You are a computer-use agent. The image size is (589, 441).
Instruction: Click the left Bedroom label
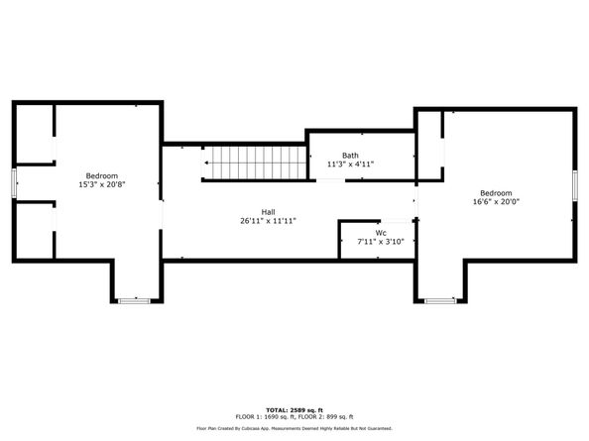click(x=101, y=175)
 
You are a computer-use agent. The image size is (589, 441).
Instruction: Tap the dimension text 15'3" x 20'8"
click(x=101, y=184)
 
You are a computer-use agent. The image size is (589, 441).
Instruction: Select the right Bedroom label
click(x=496, y=192)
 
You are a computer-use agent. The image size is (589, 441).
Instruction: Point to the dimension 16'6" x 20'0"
click(x=496, y=201)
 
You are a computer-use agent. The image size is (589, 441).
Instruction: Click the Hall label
click(x=268, y=211)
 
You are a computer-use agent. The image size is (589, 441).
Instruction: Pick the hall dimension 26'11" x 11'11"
click(x=268, y=220)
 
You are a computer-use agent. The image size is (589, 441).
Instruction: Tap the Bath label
click(x=350, y=155)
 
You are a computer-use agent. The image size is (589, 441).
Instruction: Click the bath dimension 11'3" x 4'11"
click(x=350, y=164)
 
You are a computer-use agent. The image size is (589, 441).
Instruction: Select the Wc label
click(x=380, y=233)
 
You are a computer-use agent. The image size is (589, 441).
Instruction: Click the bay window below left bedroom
click(x=132, y=299)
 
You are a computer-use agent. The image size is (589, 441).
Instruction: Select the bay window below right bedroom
click(x=439, y=299)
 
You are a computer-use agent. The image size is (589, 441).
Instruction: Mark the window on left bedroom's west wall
click(x=13, y=184)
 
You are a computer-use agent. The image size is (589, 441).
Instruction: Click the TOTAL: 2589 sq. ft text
click(x=294, y=408)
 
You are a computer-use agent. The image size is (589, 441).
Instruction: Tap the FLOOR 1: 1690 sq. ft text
click(x=262, y=416)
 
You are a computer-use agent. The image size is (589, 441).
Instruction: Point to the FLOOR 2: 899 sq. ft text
click(x=327, y=416)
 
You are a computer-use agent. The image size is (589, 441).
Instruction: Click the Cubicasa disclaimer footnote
click(x=294, y=428)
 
